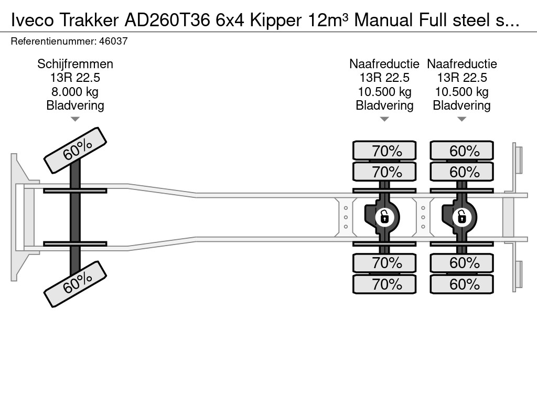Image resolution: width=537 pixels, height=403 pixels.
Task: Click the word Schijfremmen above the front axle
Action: [x=75, y=64]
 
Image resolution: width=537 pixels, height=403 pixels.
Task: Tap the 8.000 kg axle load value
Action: [x=75, y=92]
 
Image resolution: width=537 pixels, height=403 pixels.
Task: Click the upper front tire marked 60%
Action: [x=75, y=150]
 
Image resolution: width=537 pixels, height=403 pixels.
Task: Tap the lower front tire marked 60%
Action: [x=75, y=284]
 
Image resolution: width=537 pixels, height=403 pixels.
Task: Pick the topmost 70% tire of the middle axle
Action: [x=384, y=151]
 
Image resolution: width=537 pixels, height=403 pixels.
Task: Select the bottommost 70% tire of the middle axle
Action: [x=384, y=284]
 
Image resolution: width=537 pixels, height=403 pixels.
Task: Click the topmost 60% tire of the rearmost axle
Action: [x=462, y=151]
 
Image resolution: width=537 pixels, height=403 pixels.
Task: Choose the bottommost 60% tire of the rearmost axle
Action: [x=462, y=284]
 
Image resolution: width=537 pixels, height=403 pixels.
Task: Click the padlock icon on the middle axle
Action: [x=384, y=216]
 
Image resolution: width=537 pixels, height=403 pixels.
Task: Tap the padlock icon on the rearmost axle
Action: [x=462, y=216]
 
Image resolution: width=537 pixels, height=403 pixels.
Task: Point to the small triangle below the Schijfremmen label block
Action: [x=75, y=119]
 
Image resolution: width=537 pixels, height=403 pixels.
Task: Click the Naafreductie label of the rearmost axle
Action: [x=462, y=64]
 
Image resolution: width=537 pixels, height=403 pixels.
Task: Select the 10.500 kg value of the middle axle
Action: [x=384, y=92]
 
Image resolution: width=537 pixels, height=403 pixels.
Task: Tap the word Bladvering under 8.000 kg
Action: [x=75, y=105]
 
